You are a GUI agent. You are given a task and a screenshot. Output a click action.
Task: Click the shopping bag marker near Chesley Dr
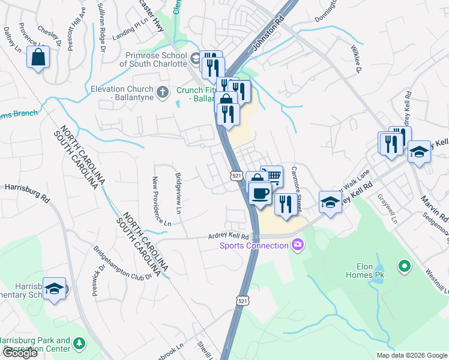(x=38, y=58)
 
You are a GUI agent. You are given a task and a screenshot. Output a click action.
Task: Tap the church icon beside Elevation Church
(x=161, y=92)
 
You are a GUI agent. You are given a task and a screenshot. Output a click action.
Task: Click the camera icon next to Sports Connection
(x=297, y=244)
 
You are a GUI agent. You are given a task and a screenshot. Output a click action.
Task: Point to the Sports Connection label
(x=255, y=245)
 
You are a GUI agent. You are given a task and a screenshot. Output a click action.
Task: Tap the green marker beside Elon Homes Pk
(x=405, y=265)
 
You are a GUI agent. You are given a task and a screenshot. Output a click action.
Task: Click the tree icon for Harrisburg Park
(x=79, y=344)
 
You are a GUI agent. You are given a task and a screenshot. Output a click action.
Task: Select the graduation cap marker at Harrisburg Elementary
(x=55, y=290)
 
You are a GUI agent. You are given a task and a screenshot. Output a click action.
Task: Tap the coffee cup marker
(x=259, y=194)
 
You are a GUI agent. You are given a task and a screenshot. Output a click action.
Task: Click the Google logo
(x=19, y=353)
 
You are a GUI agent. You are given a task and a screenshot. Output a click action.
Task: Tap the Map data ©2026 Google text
(x=412, y=355)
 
